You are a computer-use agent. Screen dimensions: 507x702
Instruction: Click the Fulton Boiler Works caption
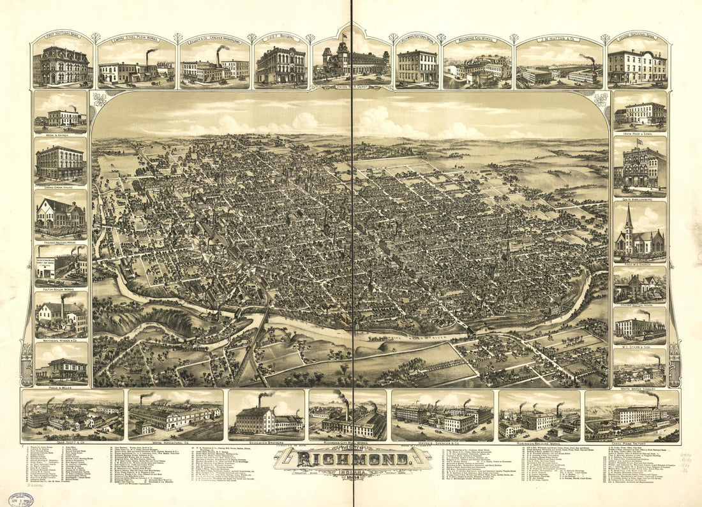pyautogui.click(x=60, y=288)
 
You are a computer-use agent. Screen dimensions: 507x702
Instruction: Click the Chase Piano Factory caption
pyautogui.click(x=632, y=440)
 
